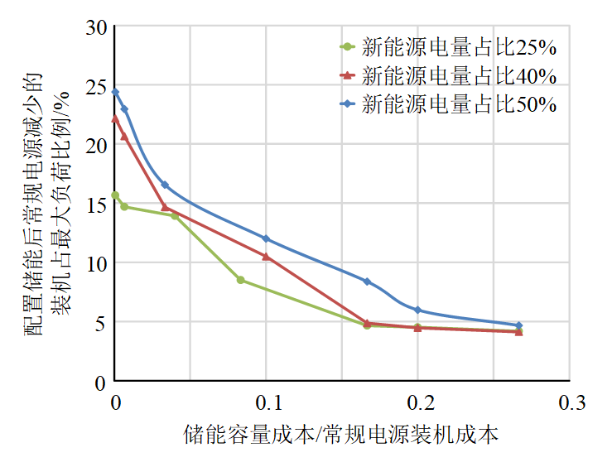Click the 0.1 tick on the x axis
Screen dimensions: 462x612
266,403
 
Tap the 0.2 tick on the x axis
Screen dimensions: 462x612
418,403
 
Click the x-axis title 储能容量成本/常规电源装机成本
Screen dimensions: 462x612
341,434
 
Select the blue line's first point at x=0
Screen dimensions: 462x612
115,92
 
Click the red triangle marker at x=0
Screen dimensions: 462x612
115,118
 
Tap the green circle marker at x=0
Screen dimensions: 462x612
115,195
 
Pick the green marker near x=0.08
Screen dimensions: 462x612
240,280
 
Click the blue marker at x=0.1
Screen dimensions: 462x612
266,238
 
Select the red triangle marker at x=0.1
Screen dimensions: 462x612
266,257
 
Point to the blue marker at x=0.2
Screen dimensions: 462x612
418,310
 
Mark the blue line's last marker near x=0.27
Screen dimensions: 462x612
519,325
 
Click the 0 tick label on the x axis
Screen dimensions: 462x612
115,403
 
